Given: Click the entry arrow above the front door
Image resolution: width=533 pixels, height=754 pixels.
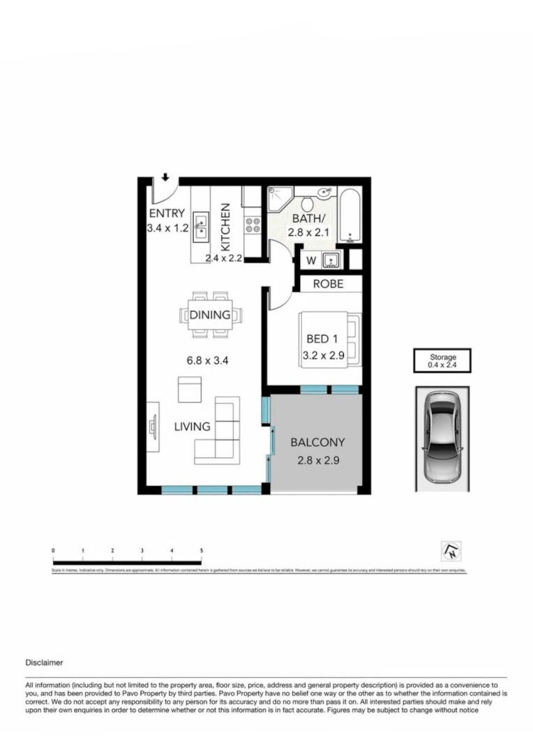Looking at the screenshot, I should [x=165, y=177].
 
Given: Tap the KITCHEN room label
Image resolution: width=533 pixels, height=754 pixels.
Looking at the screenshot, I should [x=226, y=227].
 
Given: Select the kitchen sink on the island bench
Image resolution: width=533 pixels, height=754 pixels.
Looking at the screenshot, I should [x=200, y=226].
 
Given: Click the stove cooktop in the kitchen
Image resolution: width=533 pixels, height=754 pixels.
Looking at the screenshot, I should [x=252, y=226].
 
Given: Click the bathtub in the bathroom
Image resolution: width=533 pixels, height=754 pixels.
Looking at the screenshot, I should [x=350, y=215].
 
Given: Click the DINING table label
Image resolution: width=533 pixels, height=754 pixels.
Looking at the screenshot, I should [x=210, y=315].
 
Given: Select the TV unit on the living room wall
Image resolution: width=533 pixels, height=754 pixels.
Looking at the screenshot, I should [x=151, y=425].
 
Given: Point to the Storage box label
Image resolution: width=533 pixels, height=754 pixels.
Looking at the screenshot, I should [x=442, y=360].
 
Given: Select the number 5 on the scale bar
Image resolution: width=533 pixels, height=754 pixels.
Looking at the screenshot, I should [x=202, y=551].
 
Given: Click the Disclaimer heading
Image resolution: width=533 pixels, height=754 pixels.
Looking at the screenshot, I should [x=45, y=662].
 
